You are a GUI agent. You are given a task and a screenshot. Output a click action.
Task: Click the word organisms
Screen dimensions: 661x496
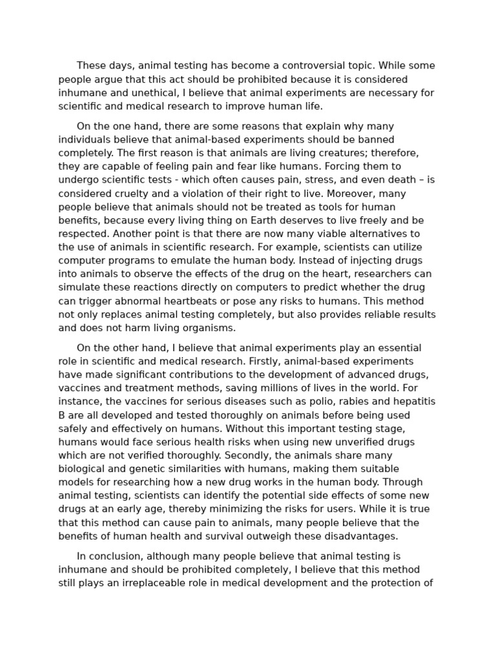pos(203,328)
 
